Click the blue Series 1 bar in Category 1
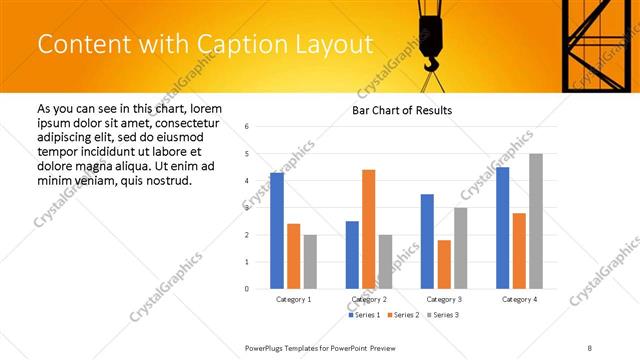pyautogui.click(x=277, y=231)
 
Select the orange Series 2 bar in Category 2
pyautogui.click(x=368, y=229)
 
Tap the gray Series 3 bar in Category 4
pyautogui.click(x=536, y=221)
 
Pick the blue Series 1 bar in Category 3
pyautogui.click(x=427, y=241)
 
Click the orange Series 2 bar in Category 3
pyautogui.click(x=444, y=264)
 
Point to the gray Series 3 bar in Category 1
pyautogui.click(x=310, y=261)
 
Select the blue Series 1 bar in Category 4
pyautogui.click(x=502, y=228)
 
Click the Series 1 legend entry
pyautogui.click(x=363, y=316)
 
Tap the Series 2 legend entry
pyautogui.click(x=403, y=316)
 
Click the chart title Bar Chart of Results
pyautogui.click(x=403, y=110)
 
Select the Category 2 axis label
pyautogui.click(x=369, y=300)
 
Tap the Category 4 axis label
pyautogui.click(x=519, y=300)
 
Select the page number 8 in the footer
pyautogui.click(x=590, y=346)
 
